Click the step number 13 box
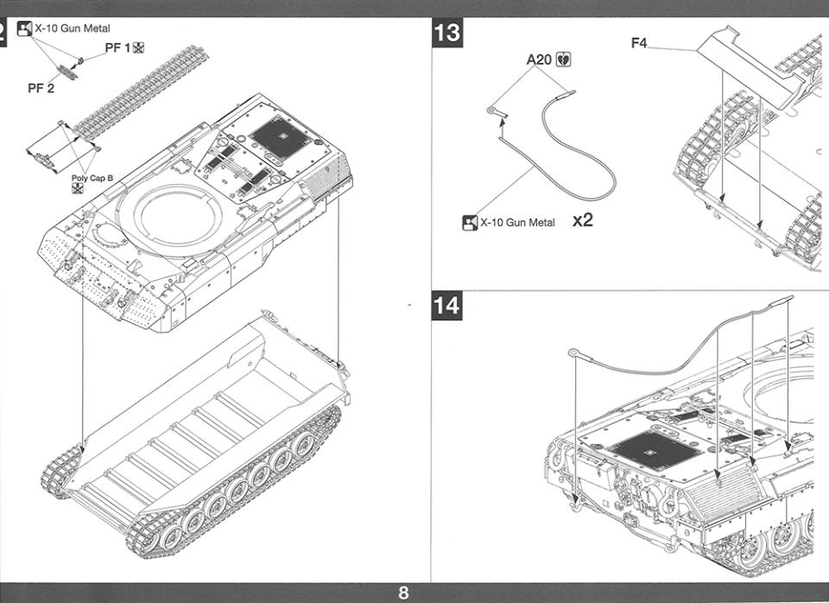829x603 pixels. [447, 34]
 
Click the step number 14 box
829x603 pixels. [447, 306]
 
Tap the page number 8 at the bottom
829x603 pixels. [403, 593]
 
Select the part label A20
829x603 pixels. [539, 60]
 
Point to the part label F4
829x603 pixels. [639, 43]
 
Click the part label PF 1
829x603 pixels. [117, 48]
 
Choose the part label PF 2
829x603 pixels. [41, 88]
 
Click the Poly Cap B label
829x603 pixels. [92, 178]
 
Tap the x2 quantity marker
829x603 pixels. [583, 219]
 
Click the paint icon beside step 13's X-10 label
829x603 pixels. [470, 223]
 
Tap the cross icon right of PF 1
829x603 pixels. [138, 48]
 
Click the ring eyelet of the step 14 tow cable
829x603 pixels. [573, 352]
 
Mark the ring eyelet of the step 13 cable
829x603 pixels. [491, 110]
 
